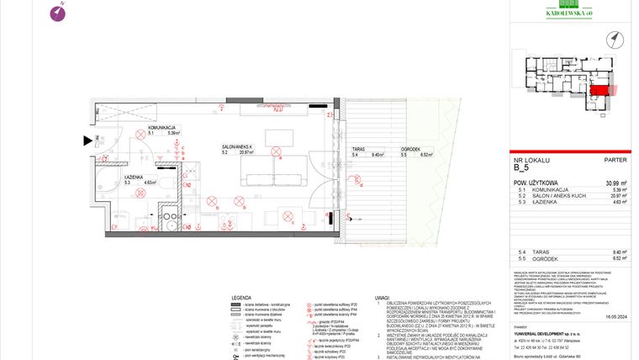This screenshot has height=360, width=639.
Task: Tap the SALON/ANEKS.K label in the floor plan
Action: (237, 147)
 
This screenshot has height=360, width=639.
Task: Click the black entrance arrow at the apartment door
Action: (87, 142)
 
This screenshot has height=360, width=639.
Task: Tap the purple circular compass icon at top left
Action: (57, 12)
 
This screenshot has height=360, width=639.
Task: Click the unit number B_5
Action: (521, 167)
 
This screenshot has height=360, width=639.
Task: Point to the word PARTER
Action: (615, 159)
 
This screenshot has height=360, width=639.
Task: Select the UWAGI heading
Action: (383, 299)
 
